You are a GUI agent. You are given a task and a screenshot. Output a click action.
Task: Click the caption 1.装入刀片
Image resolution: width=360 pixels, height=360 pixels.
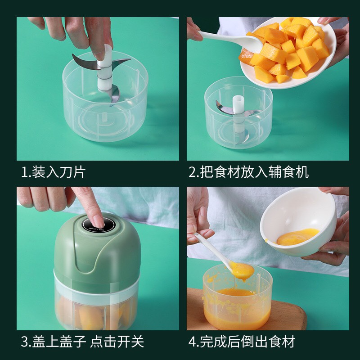(x=53, y=172)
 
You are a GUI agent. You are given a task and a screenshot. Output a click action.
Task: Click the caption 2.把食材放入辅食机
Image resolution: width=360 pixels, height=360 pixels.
(x=249, y=172)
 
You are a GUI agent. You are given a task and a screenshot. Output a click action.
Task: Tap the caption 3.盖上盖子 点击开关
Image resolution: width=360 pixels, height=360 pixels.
(x=82, y=342)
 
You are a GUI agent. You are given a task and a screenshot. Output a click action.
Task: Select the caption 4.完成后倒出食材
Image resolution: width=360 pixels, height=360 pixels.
(x=242, y=342)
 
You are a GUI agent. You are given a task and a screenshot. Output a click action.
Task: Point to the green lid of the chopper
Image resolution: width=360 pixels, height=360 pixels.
(x=97, y=252)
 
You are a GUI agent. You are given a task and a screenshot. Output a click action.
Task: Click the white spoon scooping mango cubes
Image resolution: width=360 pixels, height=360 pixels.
(x=232, y=40)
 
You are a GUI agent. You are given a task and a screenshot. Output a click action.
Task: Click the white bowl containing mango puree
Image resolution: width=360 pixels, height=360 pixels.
(x=298, y=221)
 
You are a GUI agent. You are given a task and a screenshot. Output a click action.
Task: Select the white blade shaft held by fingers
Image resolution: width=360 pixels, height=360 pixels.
(x=105, y=69)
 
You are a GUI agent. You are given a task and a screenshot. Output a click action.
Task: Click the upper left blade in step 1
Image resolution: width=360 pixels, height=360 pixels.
(x=85, y=62)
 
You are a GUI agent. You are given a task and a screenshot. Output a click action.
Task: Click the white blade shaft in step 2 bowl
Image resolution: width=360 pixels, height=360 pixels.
(x=238, y=115)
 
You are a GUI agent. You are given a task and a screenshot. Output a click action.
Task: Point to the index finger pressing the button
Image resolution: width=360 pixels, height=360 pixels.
(x=91, y=207)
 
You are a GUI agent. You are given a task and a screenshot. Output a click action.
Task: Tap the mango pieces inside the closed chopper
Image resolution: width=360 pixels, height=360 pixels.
(x=96, y=315)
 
